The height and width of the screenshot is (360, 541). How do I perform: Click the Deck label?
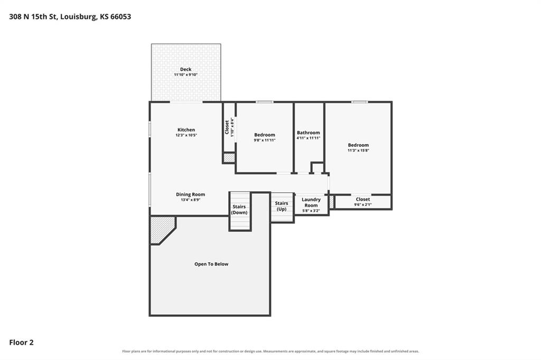pyautogui.click(x=185, y=69)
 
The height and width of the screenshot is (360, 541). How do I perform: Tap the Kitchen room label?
pyautogui.click(x=186, y=130)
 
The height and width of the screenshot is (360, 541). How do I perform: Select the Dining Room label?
pyautogui.click(x=190, y=194)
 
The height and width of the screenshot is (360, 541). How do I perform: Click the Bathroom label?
pyautogui.click(x=309, y=133)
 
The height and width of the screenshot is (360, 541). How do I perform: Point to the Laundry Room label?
pyautogui.click(x=311, y=202)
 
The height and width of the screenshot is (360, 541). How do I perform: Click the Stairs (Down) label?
pyautogui.click(x=239, y=210)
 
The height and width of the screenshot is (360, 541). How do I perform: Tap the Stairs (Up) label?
pyautogui.click(x=282, y=206)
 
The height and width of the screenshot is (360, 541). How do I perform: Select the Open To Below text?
pyautogui.click(x=211, y=264)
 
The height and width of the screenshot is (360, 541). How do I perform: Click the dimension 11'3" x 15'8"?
pyautogui.click(x=359, y=150)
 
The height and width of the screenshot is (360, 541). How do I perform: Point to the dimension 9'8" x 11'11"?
pyautogui.click(x=265, y=140)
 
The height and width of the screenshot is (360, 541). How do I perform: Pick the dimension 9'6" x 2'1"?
pyautogui.click(x=363, y=205)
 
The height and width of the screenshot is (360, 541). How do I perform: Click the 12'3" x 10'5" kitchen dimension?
pyautogui.click(x=186, y=135)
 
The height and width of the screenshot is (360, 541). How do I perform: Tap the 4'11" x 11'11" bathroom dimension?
pyautogui.click(x=309, y=138)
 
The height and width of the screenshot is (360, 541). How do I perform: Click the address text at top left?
pyautogui.click(x=70, y=16)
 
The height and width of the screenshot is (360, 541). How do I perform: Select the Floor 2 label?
pyautogui.click(x=21, y=343)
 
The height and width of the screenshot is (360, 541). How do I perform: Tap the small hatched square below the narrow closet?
pyautogui.click(x=229, y=158)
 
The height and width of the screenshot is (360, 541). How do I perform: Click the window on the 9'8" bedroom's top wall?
pyautogui.click(x=265, y=102)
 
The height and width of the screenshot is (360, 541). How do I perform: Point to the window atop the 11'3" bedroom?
pyautogui.click(x=359, y=102)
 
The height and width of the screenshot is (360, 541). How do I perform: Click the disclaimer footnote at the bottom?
pyautogui.click(x=271, y=352)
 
